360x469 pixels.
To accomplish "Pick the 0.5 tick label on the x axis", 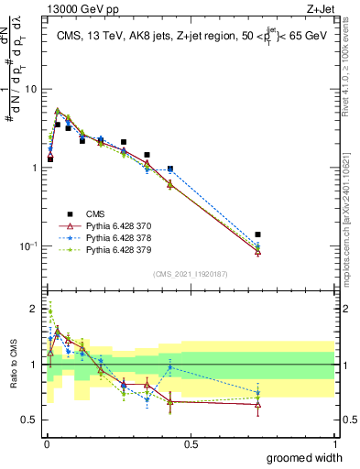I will (191, 444).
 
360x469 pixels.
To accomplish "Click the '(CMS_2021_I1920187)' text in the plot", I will (190, 274).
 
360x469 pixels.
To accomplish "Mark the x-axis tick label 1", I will (335, 444).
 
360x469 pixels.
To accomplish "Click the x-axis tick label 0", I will (46, 444).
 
